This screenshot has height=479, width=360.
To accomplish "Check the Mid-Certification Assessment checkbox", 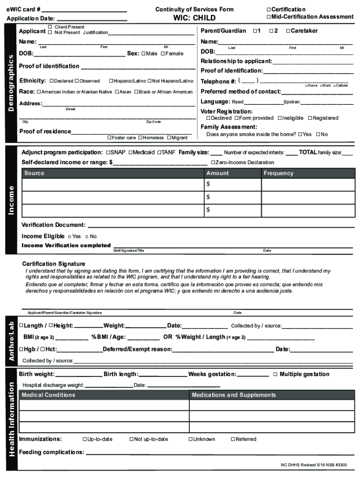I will [x=269, y=17].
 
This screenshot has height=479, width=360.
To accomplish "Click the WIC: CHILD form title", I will [x=194, y=18].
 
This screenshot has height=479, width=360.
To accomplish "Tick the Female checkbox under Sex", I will [x=163, y=54].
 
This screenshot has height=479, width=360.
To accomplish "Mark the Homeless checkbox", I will [x=140, y=138].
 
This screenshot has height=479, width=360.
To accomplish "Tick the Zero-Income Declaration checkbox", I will [x=213, y=162].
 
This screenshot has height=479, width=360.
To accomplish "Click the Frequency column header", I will [x=278, y=173].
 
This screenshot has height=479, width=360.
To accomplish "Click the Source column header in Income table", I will [x=34, y=173].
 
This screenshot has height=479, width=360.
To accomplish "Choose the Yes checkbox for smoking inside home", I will [x=300, y=134].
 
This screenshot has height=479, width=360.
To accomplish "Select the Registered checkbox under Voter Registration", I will [x=309, y=118].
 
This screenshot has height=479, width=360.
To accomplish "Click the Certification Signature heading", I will [x=54, y=264].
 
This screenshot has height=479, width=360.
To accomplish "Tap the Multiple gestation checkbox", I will [x=275, y=374].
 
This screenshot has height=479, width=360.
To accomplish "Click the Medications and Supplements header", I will [x=234, y=395].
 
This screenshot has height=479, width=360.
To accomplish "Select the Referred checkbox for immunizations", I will [x=233, y=439].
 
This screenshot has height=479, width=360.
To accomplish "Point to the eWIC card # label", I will [x=23, y=9].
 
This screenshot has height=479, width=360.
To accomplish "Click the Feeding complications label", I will [x=51, y=452].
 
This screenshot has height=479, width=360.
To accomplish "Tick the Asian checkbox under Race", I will [x=117, y=92].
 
